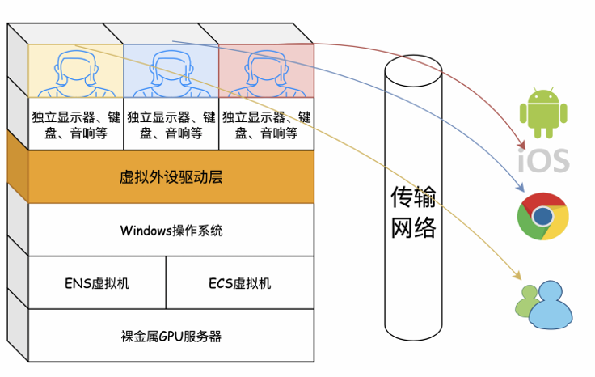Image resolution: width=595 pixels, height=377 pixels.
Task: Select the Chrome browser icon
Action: pyautogui.click(x=543, y=216)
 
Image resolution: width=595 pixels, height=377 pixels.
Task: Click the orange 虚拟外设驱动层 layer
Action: pyautogui.click(x=171, y=176)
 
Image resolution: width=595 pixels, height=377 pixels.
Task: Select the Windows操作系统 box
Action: pyautogui.click(x=171, y=230)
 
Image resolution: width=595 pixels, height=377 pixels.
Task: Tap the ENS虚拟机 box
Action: pyautogui.click(x=97, y=283)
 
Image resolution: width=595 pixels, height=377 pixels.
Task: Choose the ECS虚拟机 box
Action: pyautogui.click(x=240, y=283)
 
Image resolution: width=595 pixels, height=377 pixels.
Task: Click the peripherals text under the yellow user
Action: pyautogui.click(x=76, y=124)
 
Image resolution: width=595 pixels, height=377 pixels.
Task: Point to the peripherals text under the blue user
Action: pyautogui.click(x=171, y=124)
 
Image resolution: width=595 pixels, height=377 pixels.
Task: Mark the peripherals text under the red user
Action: pyautogui.click(x=266, y=124)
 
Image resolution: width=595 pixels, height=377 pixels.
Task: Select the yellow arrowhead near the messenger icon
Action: pyautogui.click(x=517, y=275)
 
